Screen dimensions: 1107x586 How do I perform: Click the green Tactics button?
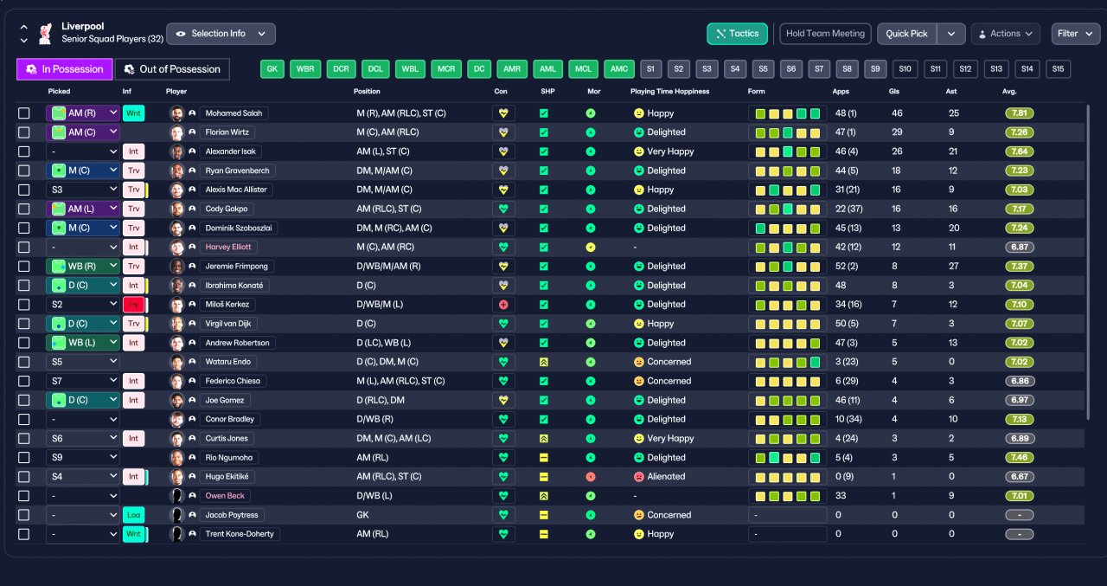point(737,34)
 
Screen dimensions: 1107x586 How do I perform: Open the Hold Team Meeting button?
point(825,34)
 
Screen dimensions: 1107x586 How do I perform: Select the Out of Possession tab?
point(172,69)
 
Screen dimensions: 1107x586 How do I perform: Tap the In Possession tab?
point(65,69)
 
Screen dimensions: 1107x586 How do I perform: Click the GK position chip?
point(272,69)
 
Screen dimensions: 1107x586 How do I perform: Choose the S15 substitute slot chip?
point(1058,69)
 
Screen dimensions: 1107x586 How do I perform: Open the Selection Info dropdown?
point(221,34)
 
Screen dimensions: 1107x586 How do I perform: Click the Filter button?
point(1075,34)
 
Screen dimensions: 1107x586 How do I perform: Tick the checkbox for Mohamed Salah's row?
point(23,113)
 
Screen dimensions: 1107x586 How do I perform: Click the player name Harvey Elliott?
point(227,247)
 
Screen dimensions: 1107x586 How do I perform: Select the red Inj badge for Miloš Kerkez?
point(133,305)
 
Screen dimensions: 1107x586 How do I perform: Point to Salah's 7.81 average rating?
point(1019,113)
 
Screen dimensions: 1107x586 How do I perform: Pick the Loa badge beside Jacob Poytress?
point(133,515)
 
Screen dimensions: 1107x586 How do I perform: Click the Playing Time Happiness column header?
point(669,92)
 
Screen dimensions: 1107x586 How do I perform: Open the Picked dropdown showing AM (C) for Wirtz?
point(82,132)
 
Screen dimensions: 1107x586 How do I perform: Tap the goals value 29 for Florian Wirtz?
point(897,132)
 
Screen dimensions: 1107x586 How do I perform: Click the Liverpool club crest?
point(46,34)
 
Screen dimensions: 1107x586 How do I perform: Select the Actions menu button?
point(1005,34)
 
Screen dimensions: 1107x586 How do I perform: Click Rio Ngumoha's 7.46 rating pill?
point(1019,457)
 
